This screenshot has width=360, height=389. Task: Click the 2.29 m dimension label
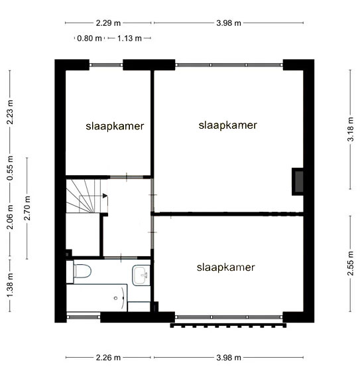click(x=108, y=23)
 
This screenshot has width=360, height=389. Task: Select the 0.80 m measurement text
click(x=90, y=39)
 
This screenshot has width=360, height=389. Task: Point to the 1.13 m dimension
click(x=129, y=39)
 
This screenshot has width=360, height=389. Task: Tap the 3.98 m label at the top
click(x=229, y=23)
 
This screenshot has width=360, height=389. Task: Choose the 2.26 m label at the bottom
click(x=108, y=358)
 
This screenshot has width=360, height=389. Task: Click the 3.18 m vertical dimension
click(x=350, y=129)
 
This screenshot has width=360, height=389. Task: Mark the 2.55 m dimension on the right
click(x=350, y=264)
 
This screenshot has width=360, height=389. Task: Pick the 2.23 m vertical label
click(x=10, y=112)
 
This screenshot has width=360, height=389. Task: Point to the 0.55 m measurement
click(x=10, y=169)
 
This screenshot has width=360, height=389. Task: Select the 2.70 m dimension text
click(x=27, y=208)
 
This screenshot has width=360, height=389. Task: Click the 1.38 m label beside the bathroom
click(x=10, y=285)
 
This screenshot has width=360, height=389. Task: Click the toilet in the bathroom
click(x=82, y=271)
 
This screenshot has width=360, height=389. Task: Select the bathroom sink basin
click(x=141, y=275)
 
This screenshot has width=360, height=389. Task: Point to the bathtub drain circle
click(x=116, y=298)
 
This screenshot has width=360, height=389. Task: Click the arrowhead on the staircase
click(x=105, y=196)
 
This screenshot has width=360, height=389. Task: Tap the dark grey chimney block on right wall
click(x=298, y=182)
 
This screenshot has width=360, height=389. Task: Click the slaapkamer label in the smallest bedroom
click(x=115, y=126)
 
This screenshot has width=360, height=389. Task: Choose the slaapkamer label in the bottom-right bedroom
click(x=225, y=268)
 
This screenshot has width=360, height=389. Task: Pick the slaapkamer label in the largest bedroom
click(x=227, y=125)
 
